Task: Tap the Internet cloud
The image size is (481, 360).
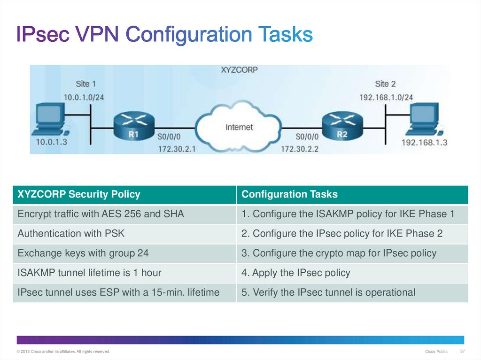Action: (x=239, y=127)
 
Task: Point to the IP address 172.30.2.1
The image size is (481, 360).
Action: (x=177, y=149)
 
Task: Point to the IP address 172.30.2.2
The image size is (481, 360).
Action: (x=300, y=149)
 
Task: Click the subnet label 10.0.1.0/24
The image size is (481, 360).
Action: (x=84, y=98)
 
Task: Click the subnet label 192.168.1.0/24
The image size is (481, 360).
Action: (x=386, y=98)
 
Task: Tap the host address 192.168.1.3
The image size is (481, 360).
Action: (x=425, y=143)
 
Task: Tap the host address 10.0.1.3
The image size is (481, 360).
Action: (x=52, y=142)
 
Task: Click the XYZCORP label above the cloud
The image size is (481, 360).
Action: (x=239, y=70)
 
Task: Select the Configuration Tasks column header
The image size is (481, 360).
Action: (x=289, y=194)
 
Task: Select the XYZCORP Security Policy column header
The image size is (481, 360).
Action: (x=79, y=194)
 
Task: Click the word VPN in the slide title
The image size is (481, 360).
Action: (x=97, y=34)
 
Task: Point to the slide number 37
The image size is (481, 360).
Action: (x=462, y=351)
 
